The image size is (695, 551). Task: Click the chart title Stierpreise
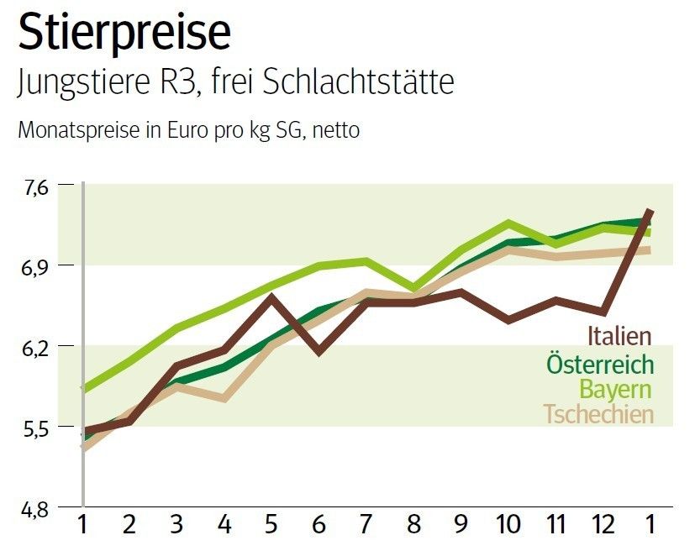point(124,33)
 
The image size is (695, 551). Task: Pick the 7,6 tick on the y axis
point(37,186)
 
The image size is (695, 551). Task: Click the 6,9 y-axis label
point(37,266)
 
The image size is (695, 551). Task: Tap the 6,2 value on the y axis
point(37,346)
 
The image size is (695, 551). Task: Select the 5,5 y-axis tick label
point(37,428)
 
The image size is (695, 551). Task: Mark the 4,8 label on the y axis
point(37,508)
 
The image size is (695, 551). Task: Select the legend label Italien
point(619,336)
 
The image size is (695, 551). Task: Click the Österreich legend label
point(599,364)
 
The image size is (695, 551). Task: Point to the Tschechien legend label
point(598,414)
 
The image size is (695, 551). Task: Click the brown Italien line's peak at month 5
point(270,296)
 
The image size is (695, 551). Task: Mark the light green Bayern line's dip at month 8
point(413,288)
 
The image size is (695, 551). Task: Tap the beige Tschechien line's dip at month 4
point(224,398)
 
